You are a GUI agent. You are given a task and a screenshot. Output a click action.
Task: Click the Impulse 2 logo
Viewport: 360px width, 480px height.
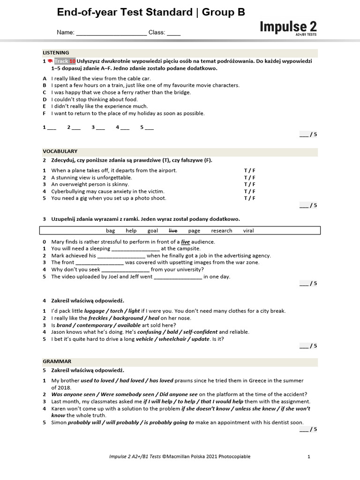pos(288,27)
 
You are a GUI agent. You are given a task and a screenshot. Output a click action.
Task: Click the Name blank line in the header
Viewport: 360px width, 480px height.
pos(111,33)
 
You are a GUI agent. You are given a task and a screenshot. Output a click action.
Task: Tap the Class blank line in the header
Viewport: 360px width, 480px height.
pos(173,33)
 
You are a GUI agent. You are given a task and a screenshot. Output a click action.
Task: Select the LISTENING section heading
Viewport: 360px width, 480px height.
pos(56,53)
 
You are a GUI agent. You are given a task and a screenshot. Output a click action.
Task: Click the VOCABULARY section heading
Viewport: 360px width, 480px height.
pos(60,151)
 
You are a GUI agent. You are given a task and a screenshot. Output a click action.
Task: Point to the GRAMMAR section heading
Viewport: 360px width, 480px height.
pos(57,361)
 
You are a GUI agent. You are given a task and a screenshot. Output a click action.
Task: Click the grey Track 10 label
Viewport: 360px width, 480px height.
pos(65,61)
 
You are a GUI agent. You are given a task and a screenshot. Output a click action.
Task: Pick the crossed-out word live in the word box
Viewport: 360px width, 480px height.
pos(173,231)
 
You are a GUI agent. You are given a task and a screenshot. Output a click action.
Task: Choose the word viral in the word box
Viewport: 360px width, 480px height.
pos(248,231)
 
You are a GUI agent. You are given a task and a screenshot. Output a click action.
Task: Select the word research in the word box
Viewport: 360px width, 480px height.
pos(221,231)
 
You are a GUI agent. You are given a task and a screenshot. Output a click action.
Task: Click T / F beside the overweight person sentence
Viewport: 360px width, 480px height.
pos(249,185)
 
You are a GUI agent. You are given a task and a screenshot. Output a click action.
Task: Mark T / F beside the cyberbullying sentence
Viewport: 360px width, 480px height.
pos(249,191)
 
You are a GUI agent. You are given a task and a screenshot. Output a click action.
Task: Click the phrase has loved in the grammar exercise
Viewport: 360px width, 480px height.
pos(160,381)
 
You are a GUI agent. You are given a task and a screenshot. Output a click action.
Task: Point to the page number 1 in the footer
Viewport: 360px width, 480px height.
pos(309,457)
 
